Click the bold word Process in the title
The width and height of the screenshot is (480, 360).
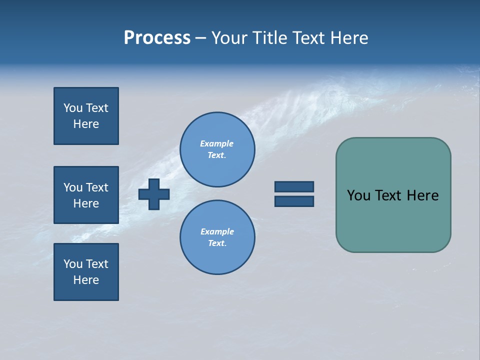(x=157, y=38)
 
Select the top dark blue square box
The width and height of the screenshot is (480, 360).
(x=86, y=116)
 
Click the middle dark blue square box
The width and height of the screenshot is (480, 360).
(x=86, y=195)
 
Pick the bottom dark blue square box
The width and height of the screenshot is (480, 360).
(x=86, y=272)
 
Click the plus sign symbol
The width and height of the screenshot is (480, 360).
(x=154, y=194)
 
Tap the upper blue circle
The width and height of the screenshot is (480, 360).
(x=217, y=149)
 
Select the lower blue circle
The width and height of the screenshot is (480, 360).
(x=217, y=237)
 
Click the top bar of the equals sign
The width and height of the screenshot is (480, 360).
(x=294, y=186)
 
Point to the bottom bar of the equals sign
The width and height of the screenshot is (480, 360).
(x=294, y=201)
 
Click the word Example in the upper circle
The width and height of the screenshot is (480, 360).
(x=216, y=143)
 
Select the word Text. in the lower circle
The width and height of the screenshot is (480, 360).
(x=217, y=243)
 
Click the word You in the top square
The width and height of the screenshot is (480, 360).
(x=73, y=108)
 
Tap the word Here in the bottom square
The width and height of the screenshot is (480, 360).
(x=86, y=280)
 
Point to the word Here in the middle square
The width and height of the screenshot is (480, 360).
(x=86, y=203)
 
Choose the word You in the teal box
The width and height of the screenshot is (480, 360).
(x=358, y=195)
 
